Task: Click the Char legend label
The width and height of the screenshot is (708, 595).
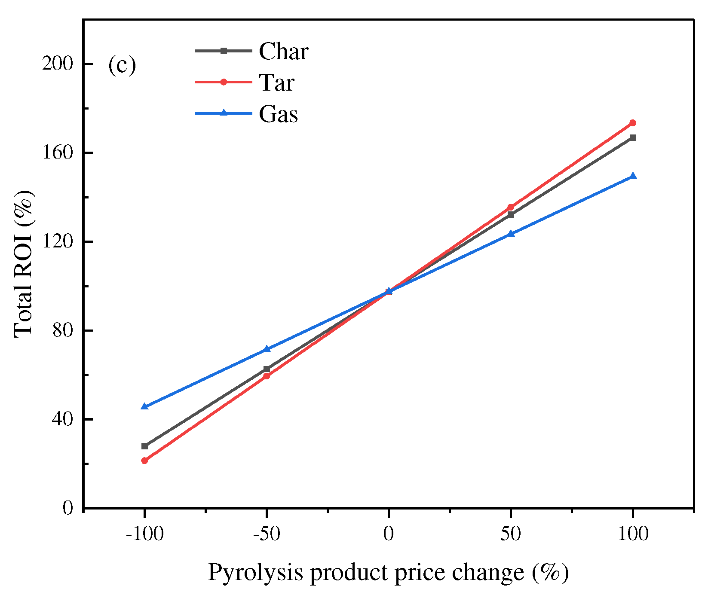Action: pos(283,52)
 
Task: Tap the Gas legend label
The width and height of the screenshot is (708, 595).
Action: pos(278,114)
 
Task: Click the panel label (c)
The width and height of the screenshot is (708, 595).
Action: pos(122,66)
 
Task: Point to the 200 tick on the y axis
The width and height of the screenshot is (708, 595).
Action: pos(57,64)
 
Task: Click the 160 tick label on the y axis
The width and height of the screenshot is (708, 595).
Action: pos(57,153)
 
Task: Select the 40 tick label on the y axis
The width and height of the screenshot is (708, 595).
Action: pos(63,419)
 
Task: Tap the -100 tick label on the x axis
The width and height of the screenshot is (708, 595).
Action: pos(144,534)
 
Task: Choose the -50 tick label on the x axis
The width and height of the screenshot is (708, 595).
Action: pos(267,534)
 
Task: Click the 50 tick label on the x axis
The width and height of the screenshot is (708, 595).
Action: pos(511,534)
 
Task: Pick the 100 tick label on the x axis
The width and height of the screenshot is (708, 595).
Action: pos(633,534)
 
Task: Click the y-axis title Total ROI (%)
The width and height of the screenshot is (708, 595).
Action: pos(24,264)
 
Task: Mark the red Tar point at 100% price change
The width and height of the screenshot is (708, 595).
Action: pos(633,123)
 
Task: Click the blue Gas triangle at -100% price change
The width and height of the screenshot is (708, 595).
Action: pos(144,406)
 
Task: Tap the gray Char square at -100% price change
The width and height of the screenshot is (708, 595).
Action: pos(144,446)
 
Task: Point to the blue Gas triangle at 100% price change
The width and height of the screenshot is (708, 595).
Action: pos(633,176)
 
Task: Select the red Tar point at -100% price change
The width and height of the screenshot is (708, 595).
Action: pos(144,461)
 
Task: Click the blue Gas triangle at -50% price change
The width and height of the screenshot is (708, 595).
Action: pos(267,349)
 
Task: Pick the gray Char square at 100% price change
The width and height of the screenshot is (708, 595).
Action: pos(633,138)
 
